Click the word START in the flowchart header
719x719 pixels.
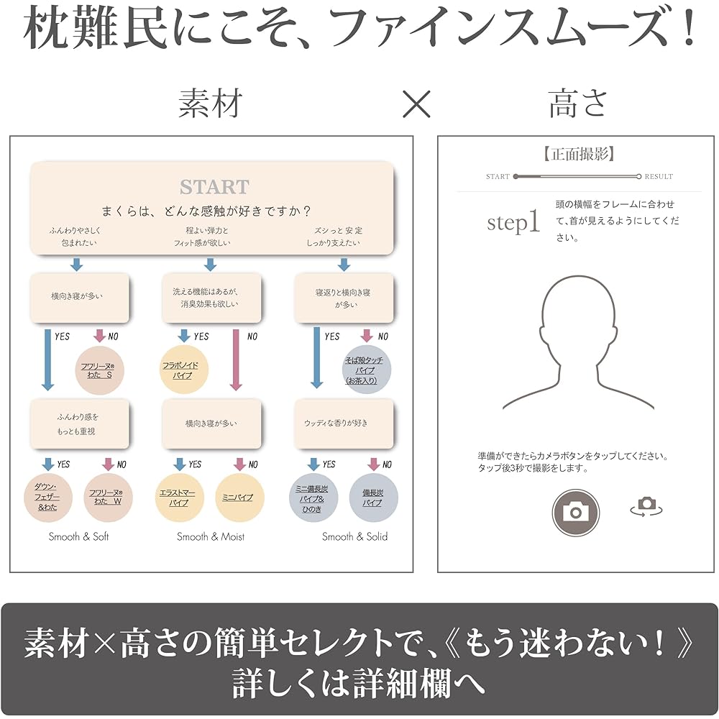(x=214, y=187)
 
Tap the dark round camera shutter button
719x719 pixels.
(x=575, y=512)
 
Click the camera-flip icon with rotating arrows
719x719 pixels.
(x=646, y=506)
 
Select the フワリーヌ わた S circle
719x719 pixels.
(x=99, y=370)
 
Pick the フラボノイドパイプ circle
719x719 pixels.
(x=184, y=370)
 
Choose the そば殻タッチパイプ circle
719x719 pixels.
(x=367, y=370)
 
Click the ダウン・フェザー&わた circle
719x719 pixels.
(x=48, y=498)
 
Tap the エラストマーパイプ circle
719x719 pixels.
(x=179, y=498)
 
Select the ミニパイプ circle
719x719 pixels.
(x=239, y=498)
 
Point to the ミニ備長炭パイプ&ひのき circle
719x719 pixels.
(x=313, y=498)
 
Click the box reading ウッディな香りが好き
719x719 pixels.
(x=344, y=423)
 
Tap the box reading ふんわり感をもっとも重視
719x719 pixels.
(x=80, y=423)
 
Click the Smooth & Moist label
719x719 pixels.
(x=211, y=536)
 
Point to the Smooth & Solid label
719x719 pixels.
(x=355, y=536)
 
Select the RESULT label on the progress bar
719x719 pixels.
(x=659, y=177)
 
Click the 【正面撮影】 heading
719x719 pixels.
(x=579, y=154)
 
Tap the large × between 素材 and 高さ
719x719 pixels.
(x=416, y=104)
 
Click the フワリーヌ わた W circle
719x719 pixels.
(x=109, y=498)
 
